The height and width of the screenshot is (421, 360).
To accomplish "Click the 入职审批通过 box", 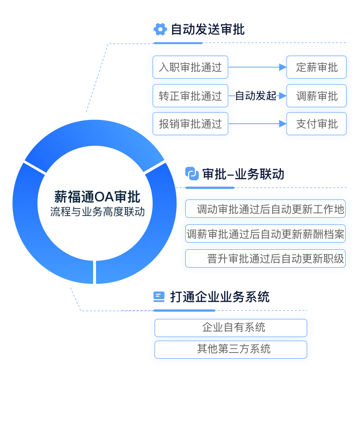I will (191, 68).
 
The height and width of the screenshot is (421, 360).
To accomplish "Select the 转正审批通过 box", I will (191, 96).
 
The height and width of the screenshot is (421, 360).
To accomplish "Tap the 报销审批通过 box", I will (191, 124).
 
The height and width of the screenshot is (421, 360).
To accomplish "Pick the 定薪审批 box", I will (317, 68).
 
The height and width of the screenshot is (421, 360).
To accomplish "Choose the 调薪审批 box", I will (317, 96).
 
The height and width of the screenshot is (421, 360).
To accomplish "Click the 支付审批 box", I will (317, 124).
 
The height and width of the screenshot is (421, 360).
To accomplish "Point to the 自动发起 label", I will (256, 96).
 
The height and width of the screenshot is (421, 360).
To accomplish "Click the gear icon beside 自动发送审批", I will (160, 29).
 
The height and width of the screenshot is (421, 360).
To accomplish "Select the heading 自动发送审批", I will (208, 29).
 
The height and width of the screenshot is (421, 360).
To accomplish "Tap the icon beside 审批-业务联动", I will (192, 174).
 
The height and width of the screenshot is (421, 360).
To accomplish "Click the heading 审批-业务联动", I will (243, 174).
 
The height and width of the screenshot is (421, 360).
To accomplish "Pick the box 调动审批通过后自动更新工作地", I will (266, 210).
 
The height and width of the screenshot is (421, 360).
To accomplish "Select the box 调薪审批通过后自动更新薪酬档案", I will (266, 234).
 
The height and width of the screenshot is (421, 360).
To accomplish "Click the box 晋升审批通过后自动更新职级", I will (266, 259).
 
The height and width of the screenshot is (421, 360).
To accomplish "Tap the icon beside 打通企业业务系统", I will (158, 297).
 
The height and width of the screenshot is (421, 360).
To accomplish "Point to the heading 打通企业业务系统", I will (220, 297).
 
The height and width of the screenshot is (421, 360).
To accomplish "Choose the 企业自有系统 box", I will (231, 328).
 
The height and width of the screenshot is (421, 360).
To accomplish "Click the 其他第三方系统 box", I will (231, 349).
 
